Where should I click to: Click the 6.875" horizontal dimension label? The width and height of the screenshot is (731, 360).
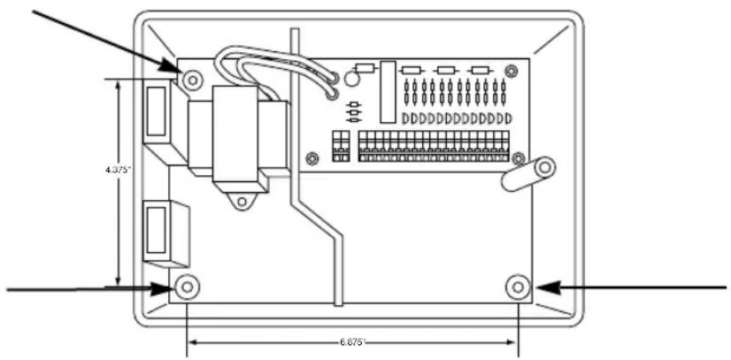point(350,340)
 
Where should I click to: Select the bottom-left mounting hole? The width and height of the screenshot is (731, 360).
point(187,287)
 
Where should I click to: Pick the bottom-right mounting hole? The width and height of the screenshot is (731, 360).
point(519,287)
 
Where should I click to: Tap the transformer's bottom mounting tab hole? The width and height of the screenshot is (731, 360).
point(239,203)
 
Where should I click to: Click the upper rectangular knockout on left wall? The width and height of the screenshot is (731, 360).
point(155,113)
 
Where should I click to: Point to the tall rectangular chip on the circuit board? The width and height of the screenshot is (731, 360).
point(387,92)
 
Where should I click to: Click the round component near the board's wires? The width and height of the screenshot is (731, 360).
point(351,80)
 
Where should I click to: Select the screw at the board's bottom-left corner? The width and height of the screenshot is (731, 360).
point(311,158)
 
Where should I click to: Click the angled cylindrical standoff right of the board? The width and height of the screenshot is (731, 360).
point(528,172)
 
